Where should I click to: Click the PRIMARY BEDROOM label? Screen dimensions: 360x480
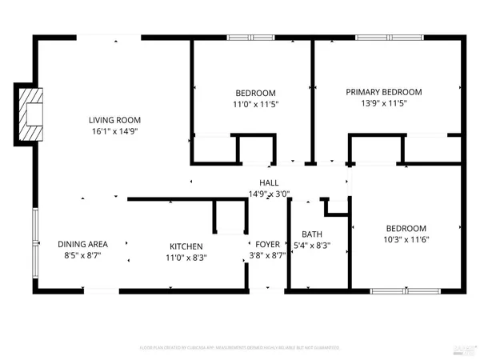pyautogui.click(x=383, y=92)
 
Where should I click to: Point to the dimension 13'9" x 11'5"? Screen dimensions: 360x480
pyautogui.click(x=383, y=104)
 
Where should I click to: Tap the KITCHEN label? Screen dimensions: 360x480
pyautogui.click(x=186, y=246)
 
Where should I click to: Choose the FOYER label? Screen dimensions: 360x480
pyautogui.click(x=267, y=244)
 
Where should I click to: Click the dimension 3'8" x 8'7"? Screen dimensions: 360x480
pyautogui.click(x=267, y=256)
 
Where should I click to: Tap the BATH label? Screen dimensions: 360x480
pyautogui.click(x=312, y=234)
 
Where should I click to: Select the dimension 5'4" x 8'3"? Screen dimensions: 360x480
pyautogui.click(x=312, y=246)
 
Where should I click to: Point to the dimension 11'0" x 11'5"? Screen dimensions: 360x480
pyautogui.click(x=255, y=104)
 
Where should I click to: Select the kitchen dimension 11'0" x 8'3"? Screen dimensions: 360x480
pyautogui.click(x=186, y=258)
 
